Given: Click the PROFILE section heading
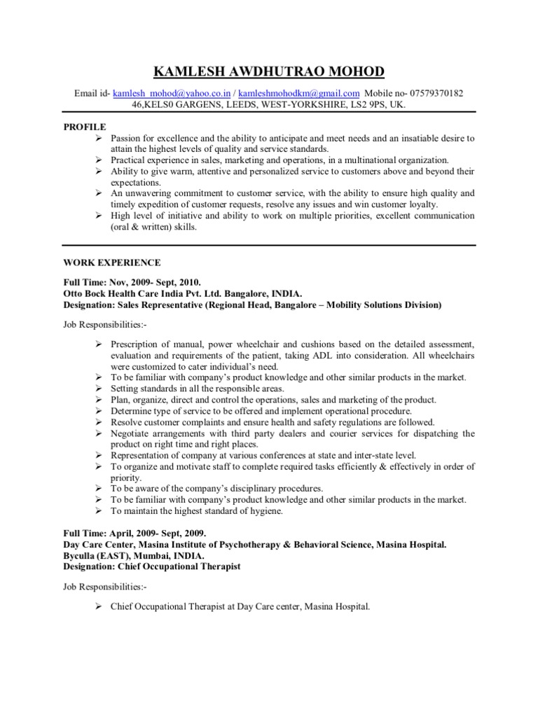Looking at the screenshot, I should (x=85, y=127).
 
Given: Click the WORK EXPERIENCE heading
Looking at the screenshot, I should (x=112, y=263).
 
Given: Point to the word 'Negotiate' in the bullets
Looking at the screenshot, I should (x=131, y=433).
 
